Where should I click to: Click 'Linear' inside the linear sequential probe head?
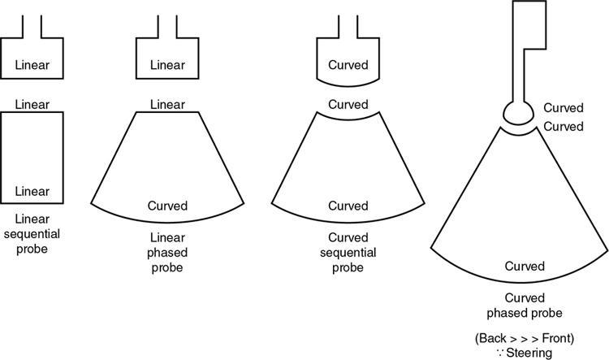[x=32, y=63]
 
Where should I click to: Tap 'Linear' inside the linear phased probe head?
[x=167, y=63]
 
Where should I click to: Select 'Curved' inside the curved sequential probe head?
[x=348, y=63]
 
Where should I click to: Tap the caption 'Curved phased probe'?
[x=525, y=306]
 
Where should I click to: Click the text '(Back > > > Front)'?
[x=525, y=337]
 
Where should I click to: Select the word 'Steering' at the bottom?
[x=529, y=352]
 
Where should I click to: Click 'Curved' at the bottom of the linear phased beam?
[x=168, y=206]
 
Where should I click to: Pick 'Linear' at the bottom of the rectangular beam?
[x=32, y=193]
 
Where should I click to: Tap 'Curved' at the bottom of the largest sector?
[x=525, y=267]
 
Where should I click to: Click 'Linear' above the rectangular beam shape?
[x=32, y=104]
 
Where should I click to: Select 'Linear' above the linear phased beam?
[x=168, y=104]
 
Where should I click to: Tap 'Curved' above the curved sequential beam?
[x=348, y=105]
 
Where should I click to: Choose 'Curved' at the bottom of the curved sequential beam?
[x=348, y=206]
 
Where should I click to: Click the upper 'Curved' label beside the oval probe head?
[x=564, y=107]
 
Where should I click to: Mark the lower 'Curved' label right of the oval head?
[x=564, y=127]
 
